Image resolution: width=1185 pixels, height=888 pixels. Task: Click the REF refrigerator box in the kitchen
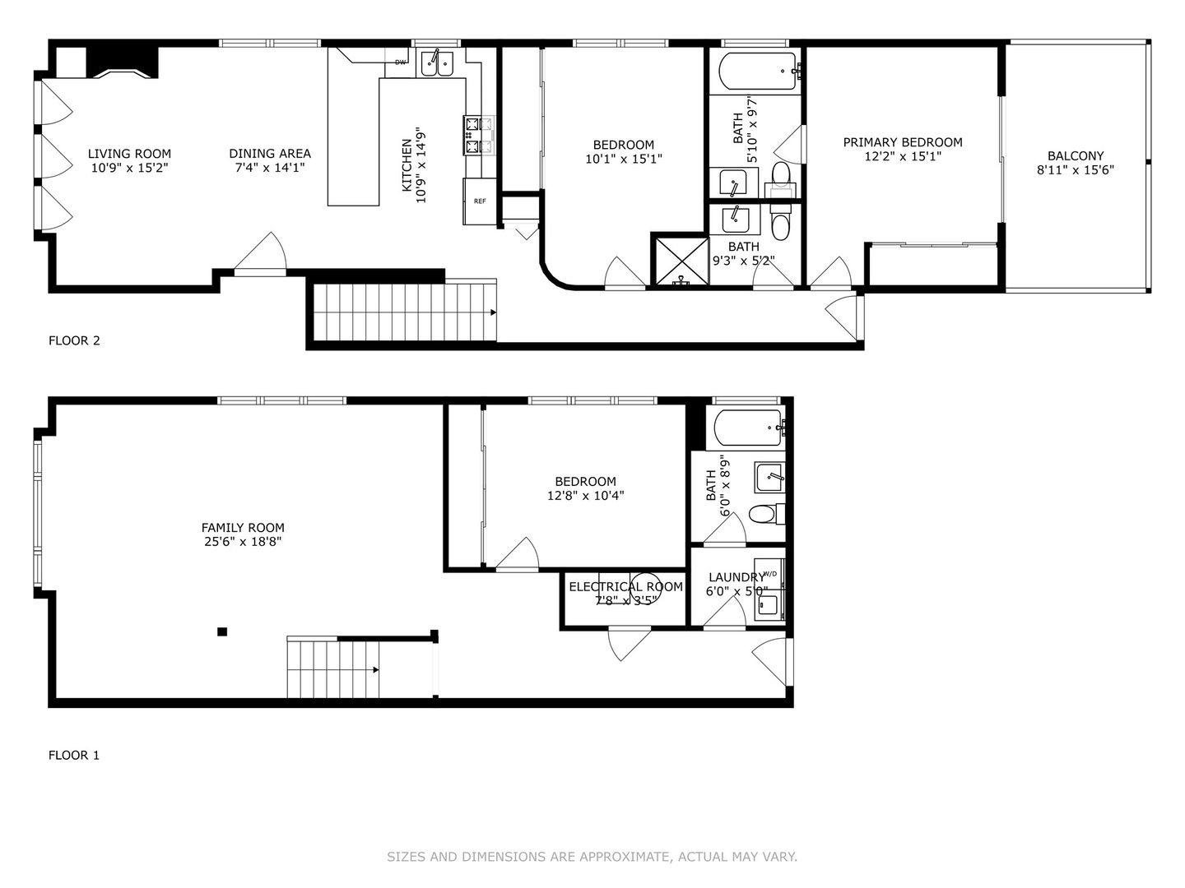pyautogui.click(x=480, y=201)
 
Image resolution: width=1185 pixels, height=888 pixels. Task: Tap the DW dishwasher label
pyautogui.click(x=401, y=62)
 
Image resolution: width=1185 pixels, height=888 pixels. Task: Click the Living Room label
pyautogui.click(x=130, y=154)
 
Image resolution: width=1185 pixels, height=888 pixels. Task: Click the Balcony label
pyautogui.click(x=1076, y=155)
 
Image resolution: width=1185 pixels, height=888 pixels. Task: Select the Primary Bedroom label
pyautogui.click(x=903, y=142)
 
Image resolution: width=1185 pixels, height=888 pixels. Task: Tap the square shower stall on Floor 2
pyautogui.click(x=680, y=261)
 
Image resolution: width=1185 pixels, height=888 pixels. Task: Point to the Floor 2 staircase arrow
pyautogui.click(x=492, y=312)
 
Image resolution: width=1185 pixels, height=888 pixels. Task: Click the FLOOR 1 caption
pyautogui.click(x=74, y=755)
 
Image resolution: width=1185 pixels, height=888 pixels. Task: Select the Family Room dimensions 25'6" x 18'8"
pyautogui.click(x=243, y=542)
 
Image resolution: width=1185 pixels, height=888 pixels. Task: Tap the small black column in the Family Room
pyautogui.click(x=222, y=631)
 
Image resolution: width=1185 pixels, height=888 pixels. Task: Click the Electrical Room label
pyautogui.click(x=625, y=586)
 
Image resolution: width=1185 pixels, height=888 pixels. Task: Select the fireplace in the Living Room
pyautogui.click(x=122, y=62)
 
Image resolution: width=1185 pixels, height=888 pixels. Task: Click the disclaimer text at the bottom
pyautogui.click(x=592, y=857)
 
